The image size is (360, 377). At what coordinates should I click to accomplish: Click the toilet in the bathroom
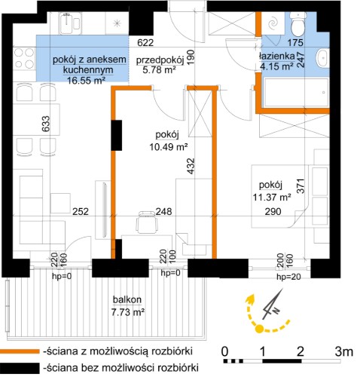pos(297,24)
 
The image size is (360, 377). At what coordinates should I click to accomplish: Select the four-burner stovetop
pos(24,58)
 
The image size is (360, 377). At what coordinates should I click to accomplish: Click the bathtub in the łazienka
pos(296,92)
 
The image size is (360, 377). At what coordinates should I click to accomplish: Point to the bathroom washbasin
pos(322,58)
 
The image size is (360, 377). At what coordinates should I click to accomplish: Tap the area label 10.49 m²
pos(169,146)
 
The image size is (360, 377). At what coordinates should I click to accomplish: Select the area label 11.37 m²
pos(272,198)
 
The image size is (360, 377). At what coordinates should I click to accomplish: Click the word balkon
pos(127,299)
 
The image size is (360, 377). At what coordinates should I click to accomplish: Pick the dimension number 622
pos(145,43)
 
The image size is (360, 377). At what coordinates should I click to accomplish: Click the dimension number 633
pos(46,124)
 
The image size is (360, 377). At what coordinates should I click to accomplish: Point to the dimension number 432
pos(191,166)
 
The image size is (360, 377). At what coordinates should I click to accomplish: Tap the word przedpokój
pos(160,60)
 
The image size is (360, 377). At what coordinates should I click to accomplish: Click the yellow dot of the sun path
pos(259,329)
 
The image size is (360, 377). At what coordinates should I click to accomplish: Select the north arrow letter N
pos(276,311)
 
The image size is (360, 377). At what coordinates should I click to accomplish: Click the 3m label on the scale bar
pos(344,351)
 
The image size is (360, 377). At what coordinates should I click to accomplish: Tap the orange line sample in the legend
pos(20,351)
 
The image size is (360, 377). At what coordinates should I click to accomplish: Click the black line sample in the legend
pos(20,368)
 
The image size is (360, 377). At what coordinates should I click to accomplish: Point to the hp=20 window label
pos(288,277)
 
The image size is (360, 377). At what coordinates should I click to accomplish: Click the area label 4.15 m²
pos(277,66)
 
